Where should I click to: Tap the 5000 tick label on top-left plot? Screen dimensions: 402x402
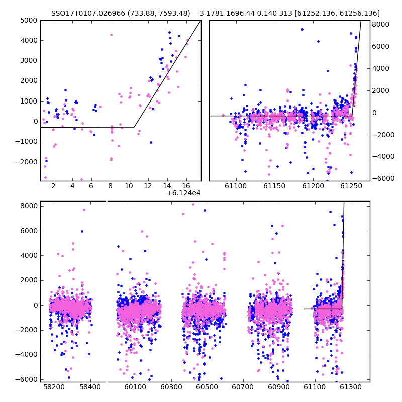tap(29, 20)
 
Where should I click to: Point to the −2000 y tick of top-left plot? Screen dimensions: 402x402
tap(26, 162)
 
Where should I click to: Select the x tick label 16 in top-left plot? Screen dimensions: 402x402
tap(186, 186)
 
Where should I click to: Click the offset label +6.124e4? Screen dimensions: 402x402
tap(184, 193)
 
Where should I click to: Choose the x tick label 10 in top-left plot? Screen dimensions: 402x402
tap(129, 186)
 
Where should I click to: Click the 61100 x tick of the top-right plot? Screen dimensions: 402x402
tap(236, 186)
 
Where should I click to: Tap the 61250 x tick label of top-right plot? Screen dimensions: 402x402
tap(351, 186)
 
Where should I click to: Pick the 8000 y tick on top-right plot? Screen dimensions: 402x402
tap(381, 24)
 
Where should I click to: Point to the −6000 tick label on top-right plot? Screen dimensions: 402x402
tap(383, 178)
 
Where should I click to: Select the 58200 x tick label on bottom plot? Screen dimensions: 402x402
tap(54, 387)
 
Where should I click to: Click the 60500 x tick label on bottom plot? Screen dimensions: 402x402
tap(207, 387)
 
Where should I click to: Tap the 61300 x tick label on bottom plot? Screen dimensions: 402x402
tap(350, 387)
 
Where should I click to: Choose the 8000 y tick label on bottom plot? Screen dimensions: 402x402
tap(29, 206)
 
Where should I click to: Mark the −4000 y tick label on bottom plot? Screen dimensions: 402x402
tap(26, 355)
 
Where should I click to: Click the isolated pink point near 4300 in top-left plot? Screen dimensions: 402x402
tap(111, 35)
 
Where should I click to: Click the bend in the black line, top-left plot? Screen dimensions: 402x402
tap(134, 127)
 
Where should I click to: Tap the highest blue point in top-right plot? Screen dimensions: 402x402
tap(303, 30)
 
